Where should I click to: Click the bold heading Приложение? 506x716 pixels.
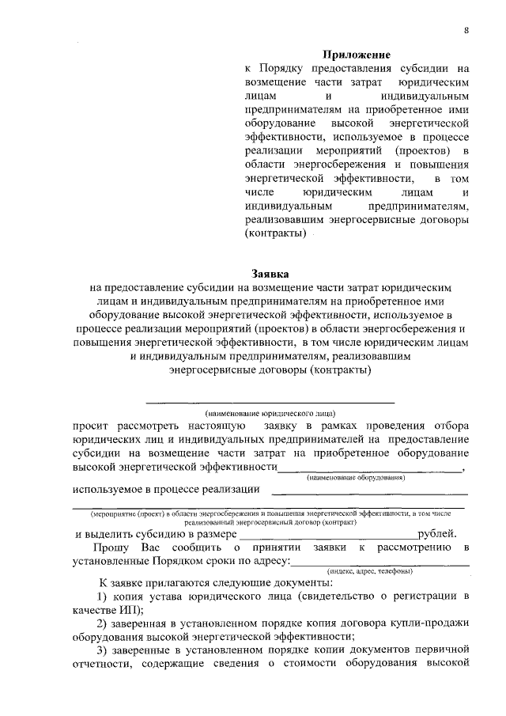[x=357, y=55]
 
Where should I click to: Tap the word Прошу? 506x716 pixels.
[x=108, y=547]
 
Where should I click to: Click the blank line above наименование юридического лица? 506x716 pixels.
[x=271, y=403]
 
